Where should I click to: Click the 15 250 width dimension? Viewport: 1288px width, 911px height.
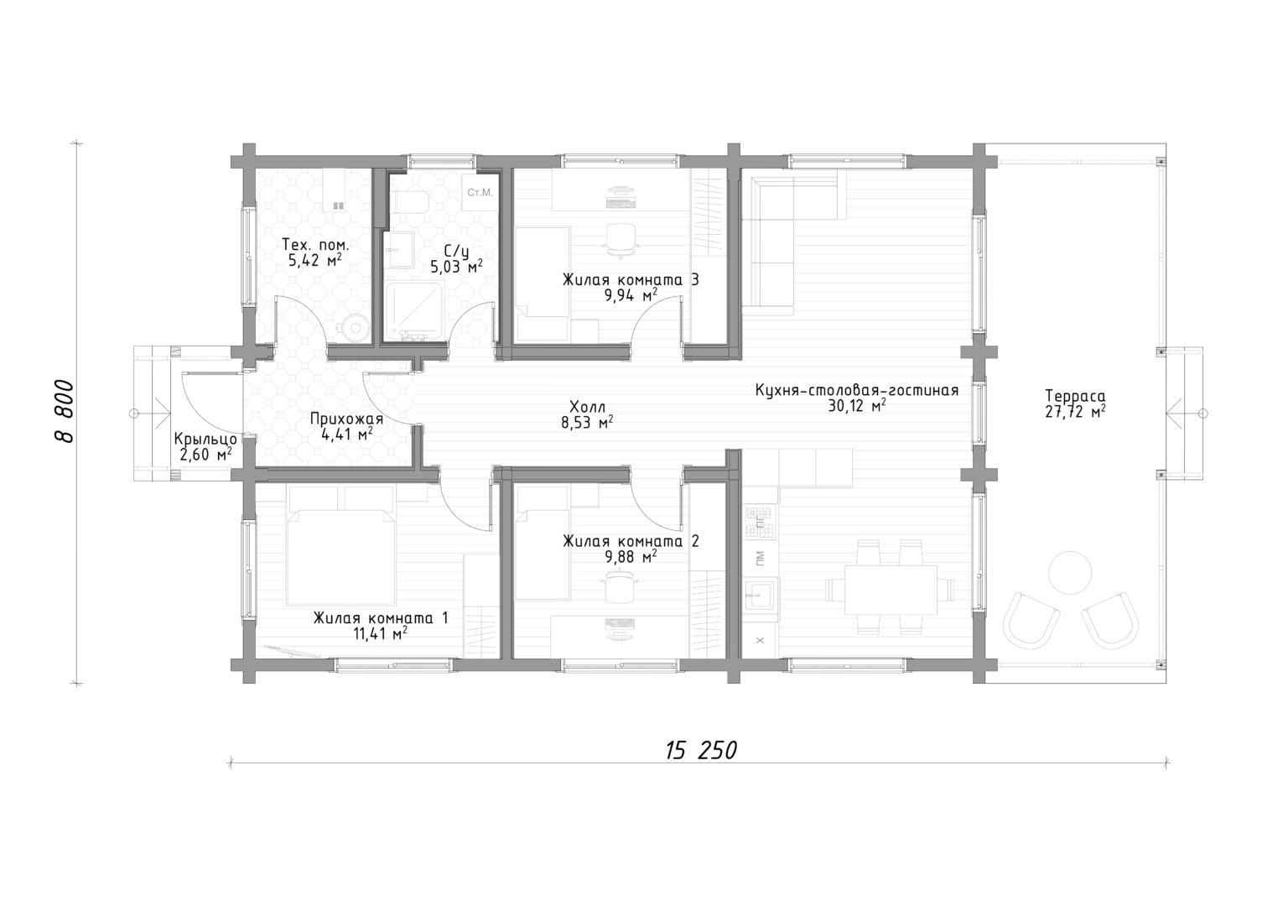tap(701, 751)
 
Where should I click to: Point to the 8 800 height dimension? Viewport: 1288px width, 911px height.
tap(65, 411)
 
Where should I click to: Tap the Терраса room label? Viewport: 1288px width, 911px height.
tap(1075, 396)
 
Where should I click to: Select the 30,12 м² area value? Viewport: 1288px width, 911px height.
tap(857, 406)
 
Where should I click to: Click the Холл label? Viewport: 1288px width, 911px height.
tap(586, 407)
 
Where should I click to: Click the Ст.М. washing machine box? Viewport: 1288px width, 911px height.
tap(480, 193)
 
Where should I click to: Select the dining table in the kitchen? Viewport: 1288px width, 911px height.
tap(891, 590)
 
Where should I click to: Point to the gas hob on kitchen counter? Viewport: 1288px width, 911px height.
tap(761, 523)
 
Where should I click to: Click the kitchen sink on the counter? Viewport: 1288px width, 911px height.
tap(761, 595)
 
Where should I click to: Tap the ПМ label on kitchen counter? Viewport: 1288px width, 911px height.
tap(761, 557)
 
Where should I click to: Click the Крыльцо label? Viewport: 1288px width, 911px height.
tap(205, 440)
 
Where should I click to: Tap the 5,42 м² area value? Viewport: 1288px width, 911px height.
tap(315, 261)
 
